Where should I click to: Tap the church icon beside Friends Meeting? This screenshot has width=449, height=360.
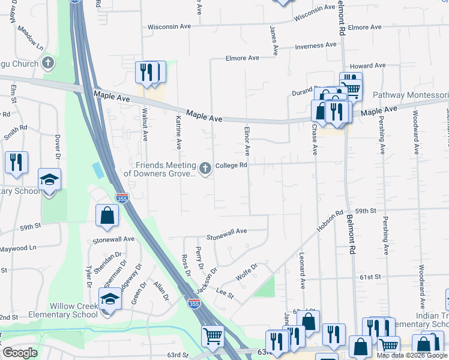[206, 169]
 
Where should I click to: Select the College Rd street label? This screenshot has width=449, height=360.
[232, 165]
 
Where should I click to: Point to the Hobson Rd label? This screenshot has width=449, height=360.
[330, 223]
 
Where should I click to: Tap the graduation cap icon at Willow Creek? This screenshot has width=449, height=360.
[110, 299]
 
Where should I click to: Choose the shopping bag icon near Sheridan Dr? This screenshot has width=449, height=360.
[107, 216]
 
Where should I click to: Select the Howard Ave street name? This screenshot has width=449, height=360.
[367, 65]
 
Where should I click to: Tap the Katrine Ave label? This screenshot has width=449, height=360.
[178, 133]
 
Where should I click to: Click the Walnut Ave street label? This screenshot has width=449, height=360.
[145, 125]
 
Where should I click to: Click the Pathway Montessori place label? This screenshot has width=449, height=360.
[411, 95]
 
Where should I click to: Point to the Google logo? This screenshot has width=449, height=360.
[20, 353]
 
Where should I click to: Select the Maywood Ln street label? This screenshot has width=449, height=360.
[18, 248]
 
